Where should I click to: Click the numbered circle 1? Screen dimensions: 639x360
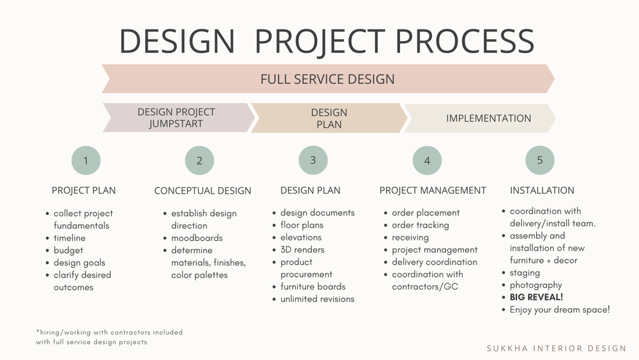click(x=86, y=160)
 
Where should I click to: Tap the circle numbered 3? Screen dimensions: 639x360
click(x=313, y=160)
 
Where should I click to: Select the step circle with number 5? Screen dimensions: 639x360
click(x=540, y=160)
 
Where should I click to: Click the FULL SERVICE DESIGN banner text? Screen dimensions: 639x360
click(x=327, y=79)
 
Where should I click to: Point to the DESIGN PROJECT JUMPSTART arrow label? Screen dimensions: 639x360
click(x=176, y=118)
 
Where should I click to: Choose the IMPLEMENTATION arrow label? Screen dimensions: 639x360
click(x=488, y=118)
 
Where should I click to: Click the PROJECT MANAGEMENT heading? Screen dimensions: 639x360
click(x=433, y=191)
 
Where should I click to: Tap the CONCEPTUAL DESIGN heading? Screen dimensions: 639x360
click(x=203, y=191)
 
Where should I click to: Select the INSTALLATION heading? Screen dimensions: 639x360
click(x=542, y=191)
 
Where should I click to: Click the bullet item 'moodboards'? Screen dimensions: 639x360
click(x=196, y=238)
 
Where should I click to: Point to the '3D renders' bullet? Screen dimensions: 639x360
click(x=302, y=250)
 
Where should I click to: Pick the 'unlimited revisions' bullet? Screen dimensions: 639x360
click(x=317, y=299)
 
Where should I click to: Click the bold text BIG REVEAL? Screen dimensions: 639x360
click(x=536, y=297)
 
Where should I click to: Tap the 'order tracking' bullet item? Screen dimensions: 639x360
click(x=420, y=225)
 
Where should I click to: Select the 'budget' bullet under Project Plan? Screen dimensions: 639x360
click(x=68, y=251)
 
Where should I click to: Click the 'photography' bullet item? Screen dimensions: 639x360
click(x=535, y=285)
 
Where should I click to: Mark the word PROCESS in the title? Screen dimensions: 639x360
click(x=465, y=41)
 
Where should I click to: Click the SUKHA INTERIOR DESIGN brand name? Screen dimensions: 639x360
click(x=557, y=348)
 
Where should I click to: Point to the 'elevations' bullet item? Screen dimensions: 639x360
click(x=300, y=237)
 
